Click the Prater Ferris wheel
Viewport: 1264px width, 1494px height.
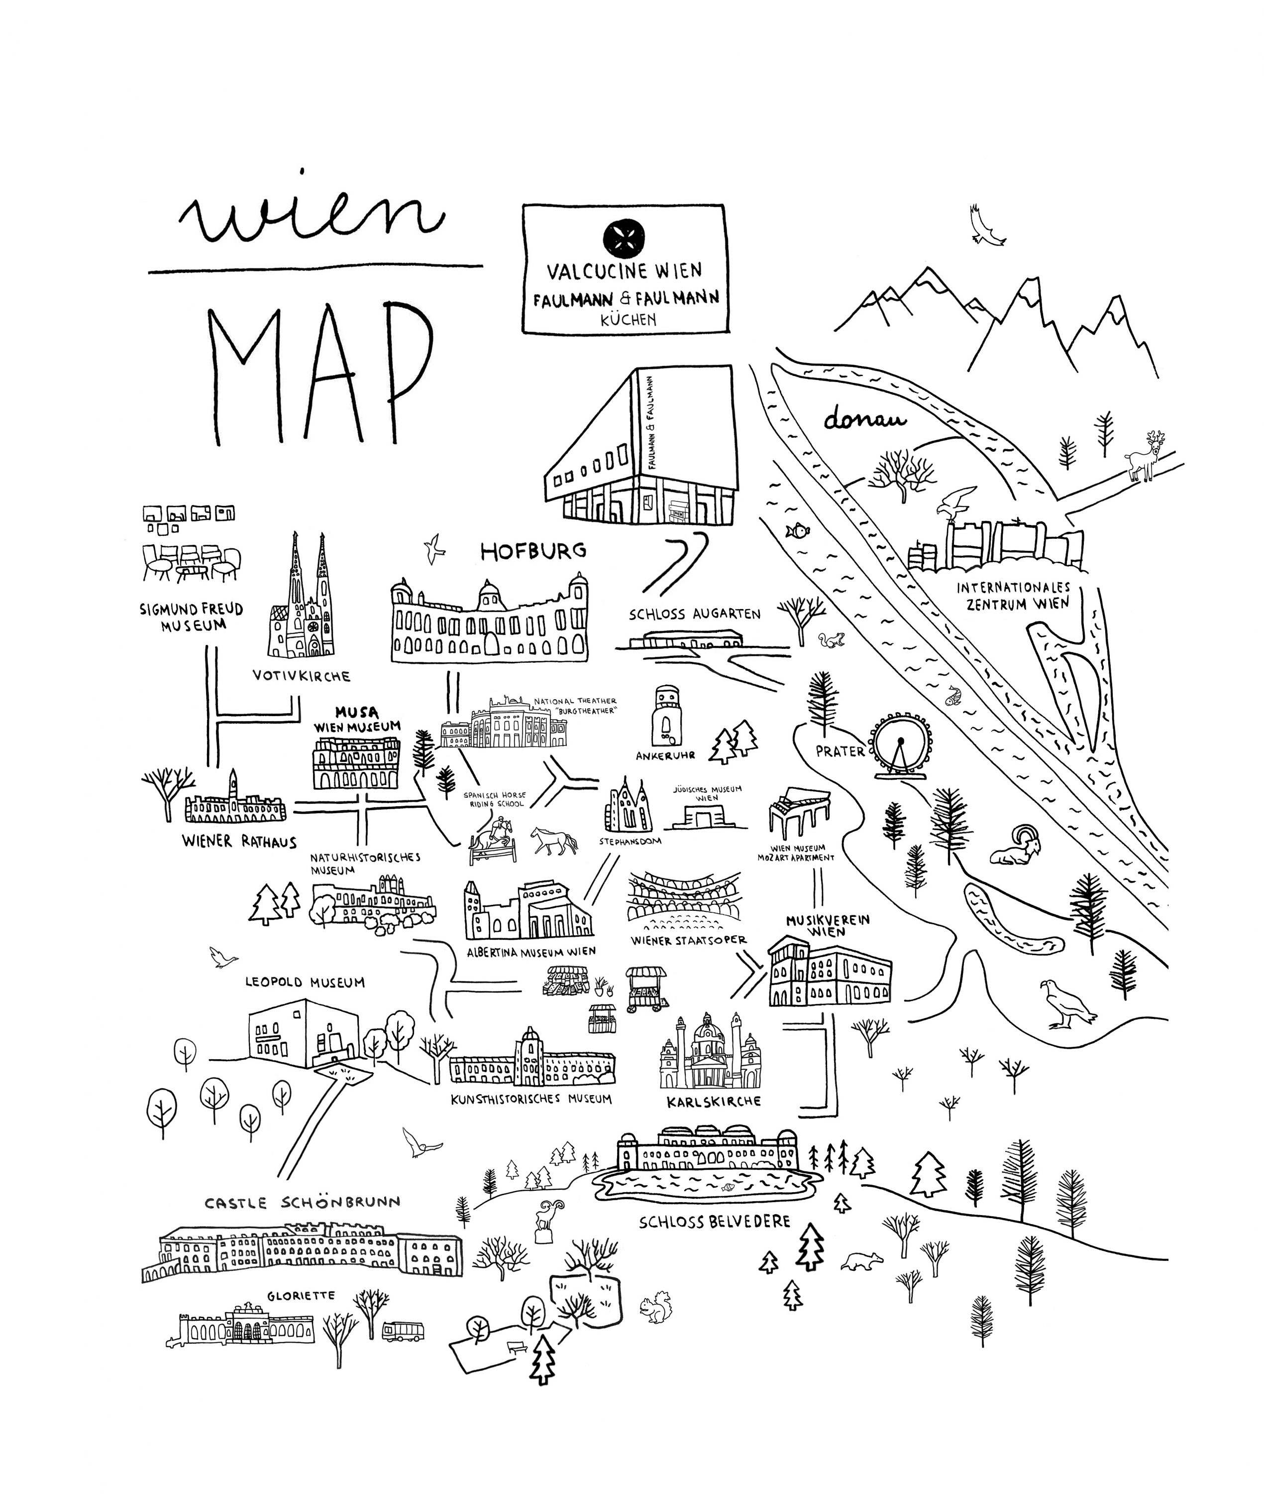click(x=901, y=746)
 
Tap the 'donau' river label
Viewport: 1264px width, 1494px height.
click(x=864, y=419)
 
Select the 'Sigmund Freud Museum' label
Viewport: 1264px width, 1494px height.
click(x=191, y=617)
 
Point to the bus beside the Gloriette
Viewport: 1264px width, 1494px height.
click(x=402, y=1331)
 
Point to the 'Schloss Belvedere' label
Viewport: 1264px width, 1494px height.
click(x=715, y=1221)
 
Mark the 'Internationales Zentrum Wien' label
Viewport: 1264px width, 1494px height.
click(x=1013, y=596)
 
